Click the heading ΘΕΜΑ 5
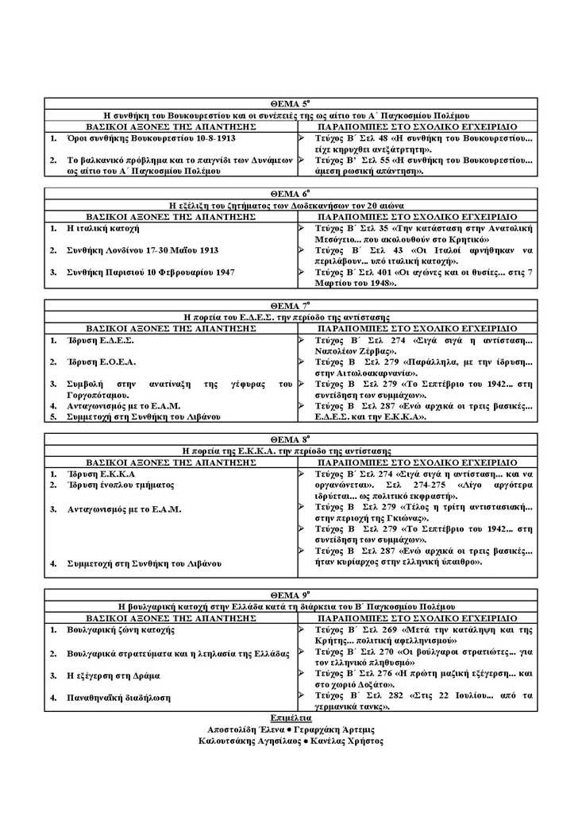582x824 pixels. (x=289, y=104)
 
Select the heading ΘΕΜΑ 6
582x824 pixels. (x=289, y=193)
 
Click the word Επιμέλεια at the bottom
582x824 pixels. (x=290, y=717)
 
